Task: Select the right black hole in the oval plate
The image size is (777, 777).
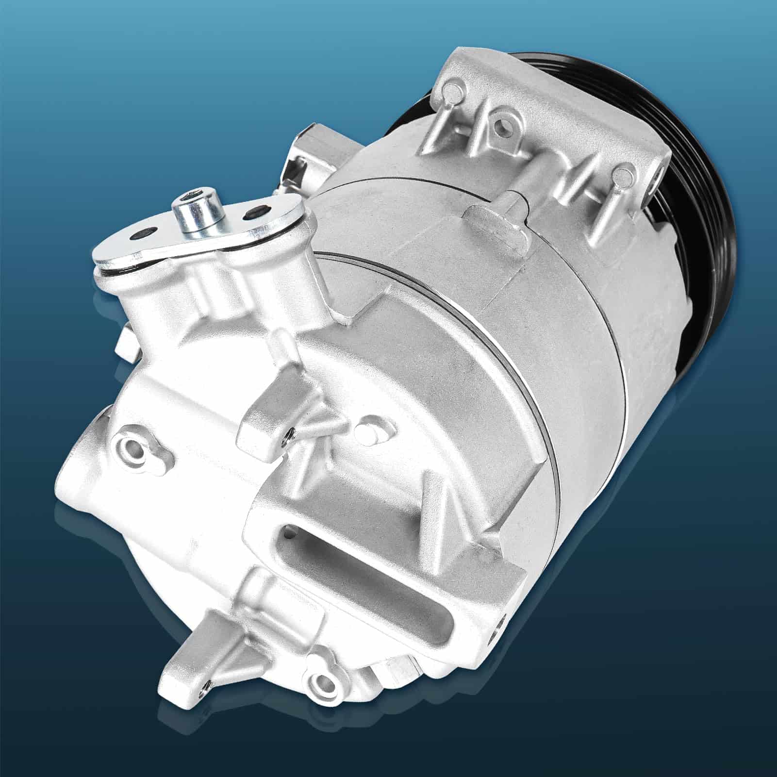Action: (x=256, y=212)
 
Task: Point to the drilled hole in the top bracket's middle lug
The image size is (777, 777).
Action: (x=500, y=125)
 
